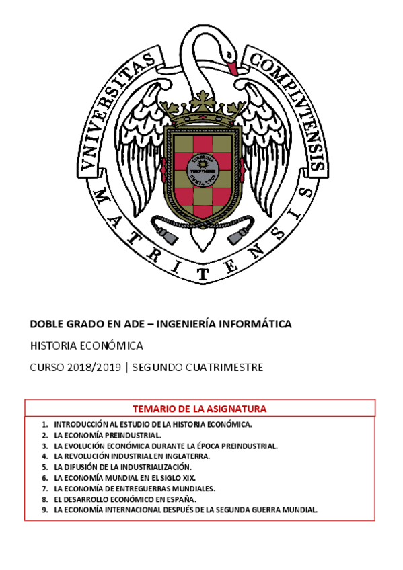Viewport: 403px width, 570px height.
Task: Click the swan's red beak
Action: click(x=231, y=67)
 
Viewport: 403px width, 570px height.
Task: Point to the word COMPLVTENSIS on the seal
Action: click(x=289, y=101)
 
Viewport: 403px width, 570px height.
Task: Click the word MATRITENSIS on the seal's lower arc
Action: click(x=202, y=259)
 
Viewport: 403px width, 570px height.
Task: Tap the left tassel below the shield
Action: click(x=163, y=235)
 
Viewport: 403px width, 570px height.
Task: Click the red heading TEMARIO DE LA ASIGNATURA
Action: click(x=200, y=409)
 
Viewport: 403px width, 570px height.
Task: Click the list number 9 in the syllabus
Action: click(x=44, y=510)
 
